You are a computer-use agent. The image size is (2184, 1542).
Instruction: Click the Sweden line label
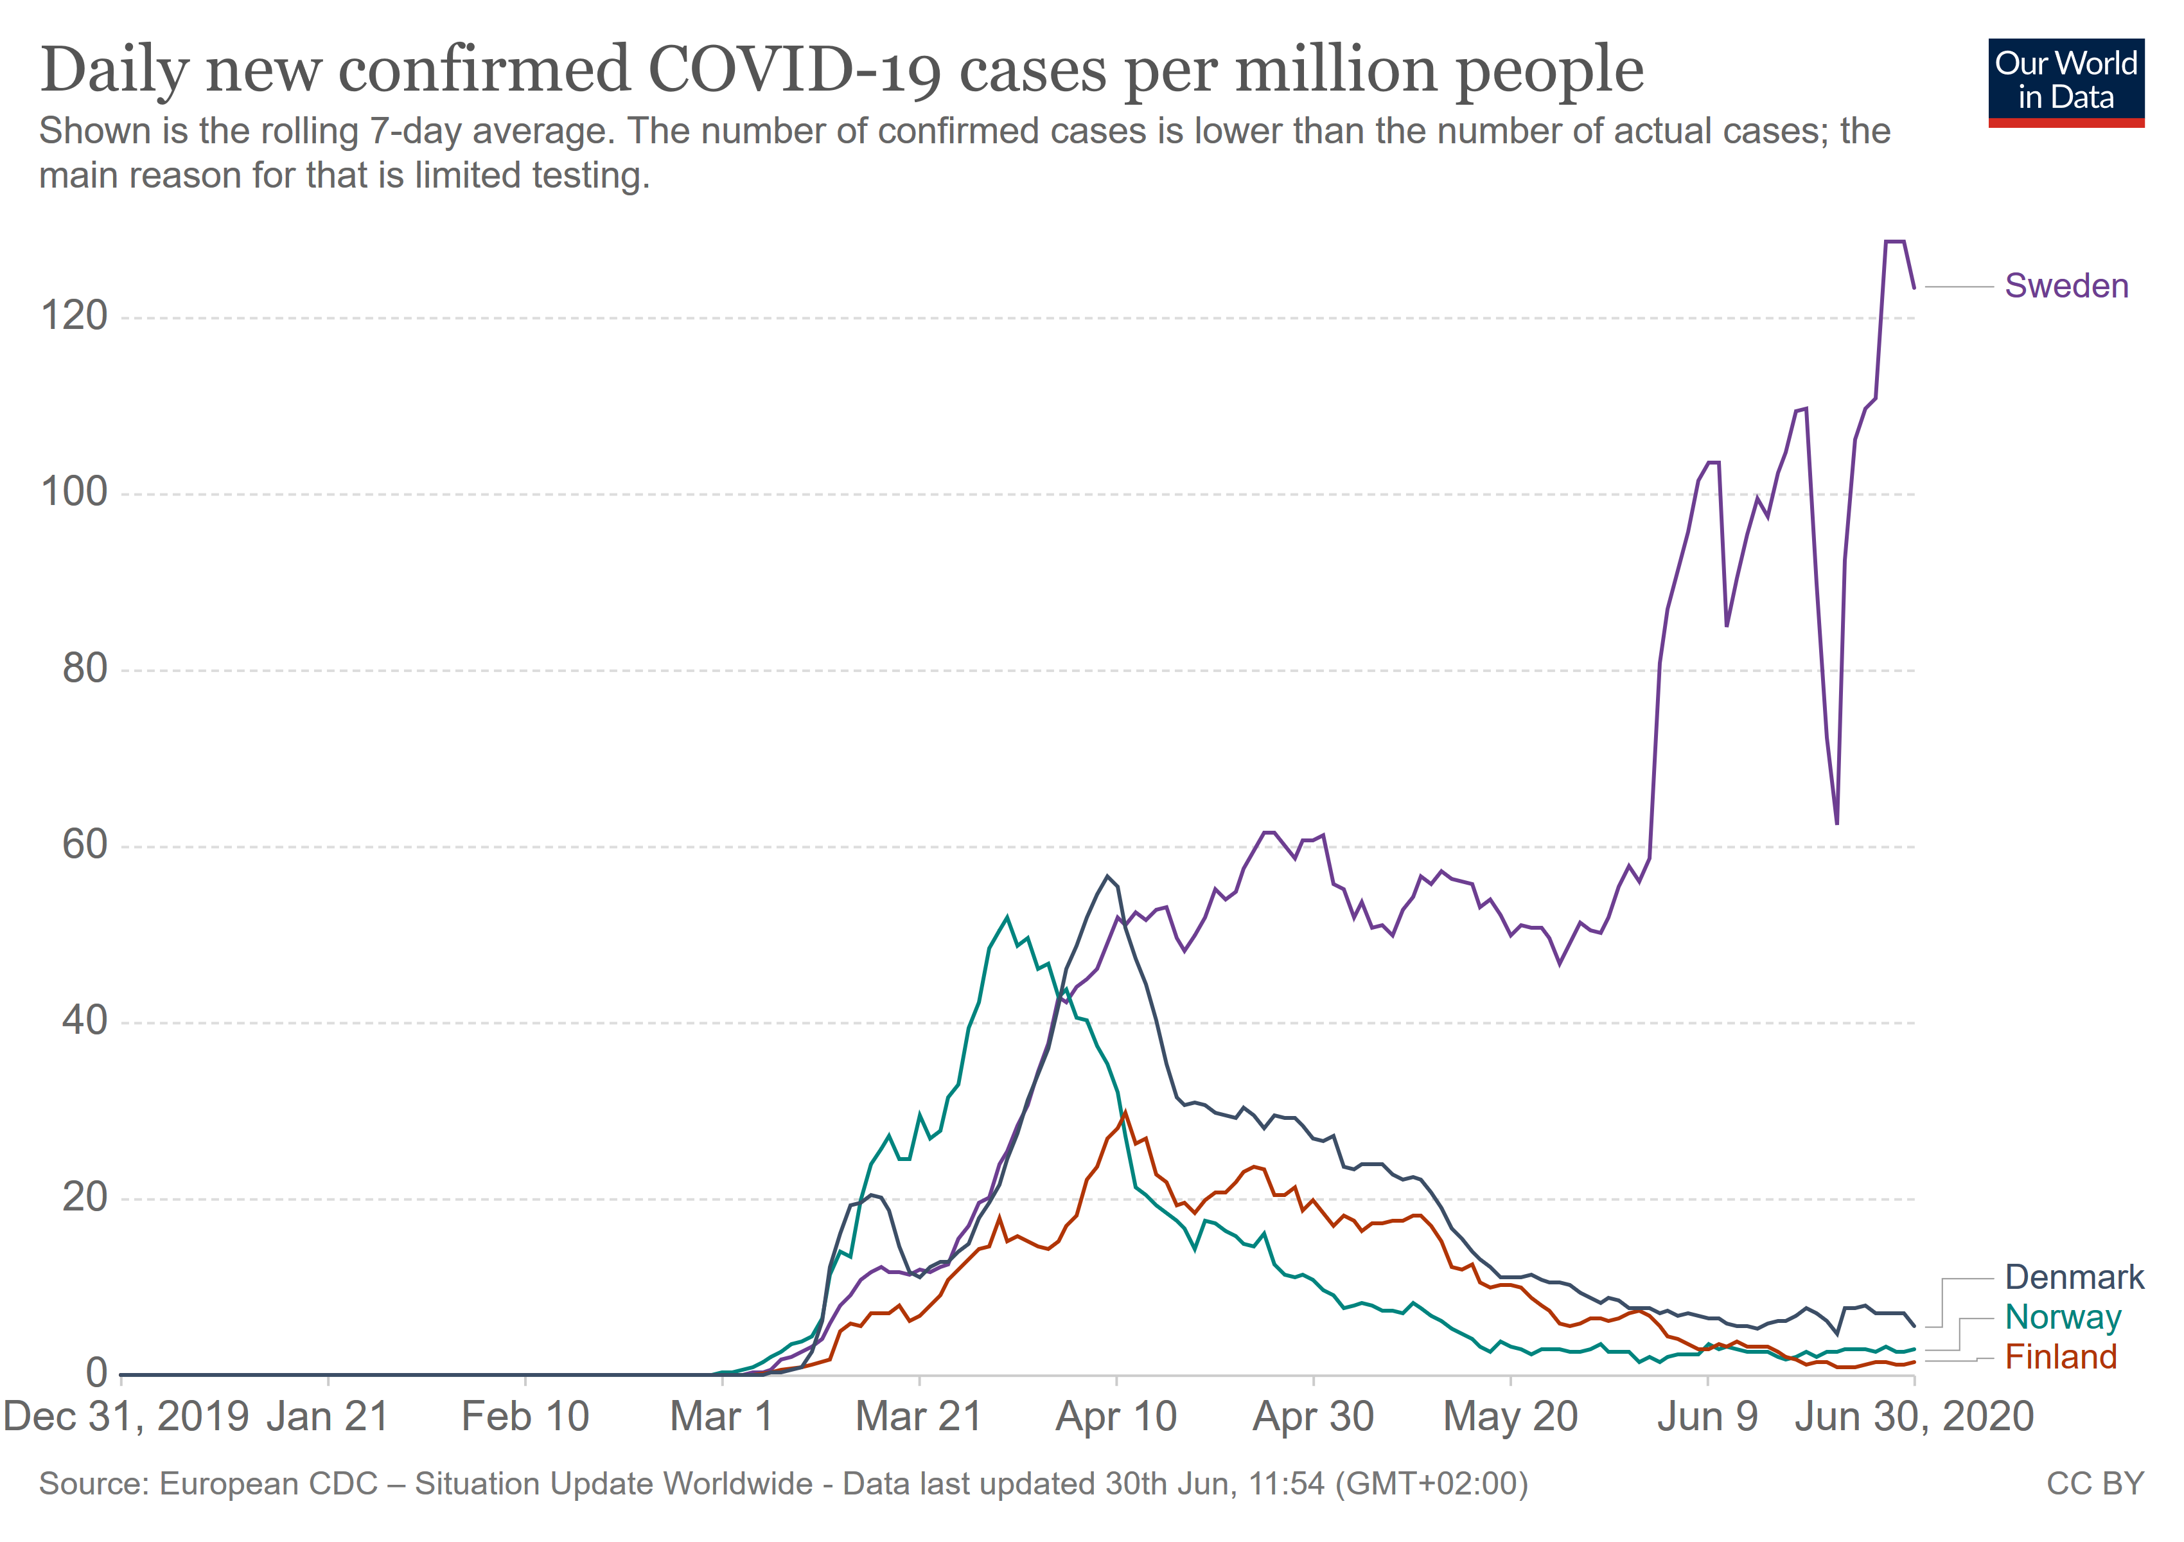pos(2066,287)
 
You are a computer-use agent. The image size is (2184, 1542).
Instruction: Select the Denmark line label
pos(2074,1277)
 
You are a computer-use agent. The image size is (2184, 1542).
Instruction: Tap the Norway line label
pos(2062,1318)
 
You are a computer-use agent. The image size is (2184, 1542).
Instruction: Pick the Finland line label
pos(2060,1358)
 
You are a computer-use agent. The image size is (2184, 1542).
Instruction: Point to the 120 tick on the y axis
pos(75,316)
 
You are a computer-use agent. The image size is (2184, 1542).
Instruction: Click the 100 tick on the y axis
pos(75,493)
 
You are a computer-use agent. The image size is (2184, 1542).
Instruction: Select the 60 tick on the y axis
pos(85,845)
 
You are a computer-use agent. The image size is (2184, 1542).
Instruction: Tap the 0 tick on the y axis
pos(96,1374)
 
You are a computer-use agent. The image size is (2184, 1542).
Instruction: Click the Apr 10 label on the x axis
pos(1116,1417)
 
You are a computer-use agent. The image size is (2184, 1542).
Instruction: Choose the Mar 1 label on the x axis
pos(721,1417)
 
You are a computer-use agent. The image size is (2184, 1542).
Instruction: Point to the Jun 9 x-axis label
pos(1707,1417)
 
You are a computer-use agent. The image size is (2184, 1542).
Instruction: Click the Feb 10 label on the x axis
pos(525,1417)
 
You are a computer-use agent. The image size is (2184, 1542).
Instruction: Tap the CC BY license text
pos(2095,1485)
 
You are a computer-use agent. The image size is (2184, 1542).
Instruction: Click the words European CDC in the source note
pos(269,1485)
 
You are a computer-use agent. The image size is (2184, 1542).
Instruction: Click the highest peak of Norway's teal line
pos(1007,917)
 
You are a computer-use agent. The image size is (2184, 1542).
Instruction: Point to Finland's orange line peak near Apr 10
pos(1125,1113)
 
